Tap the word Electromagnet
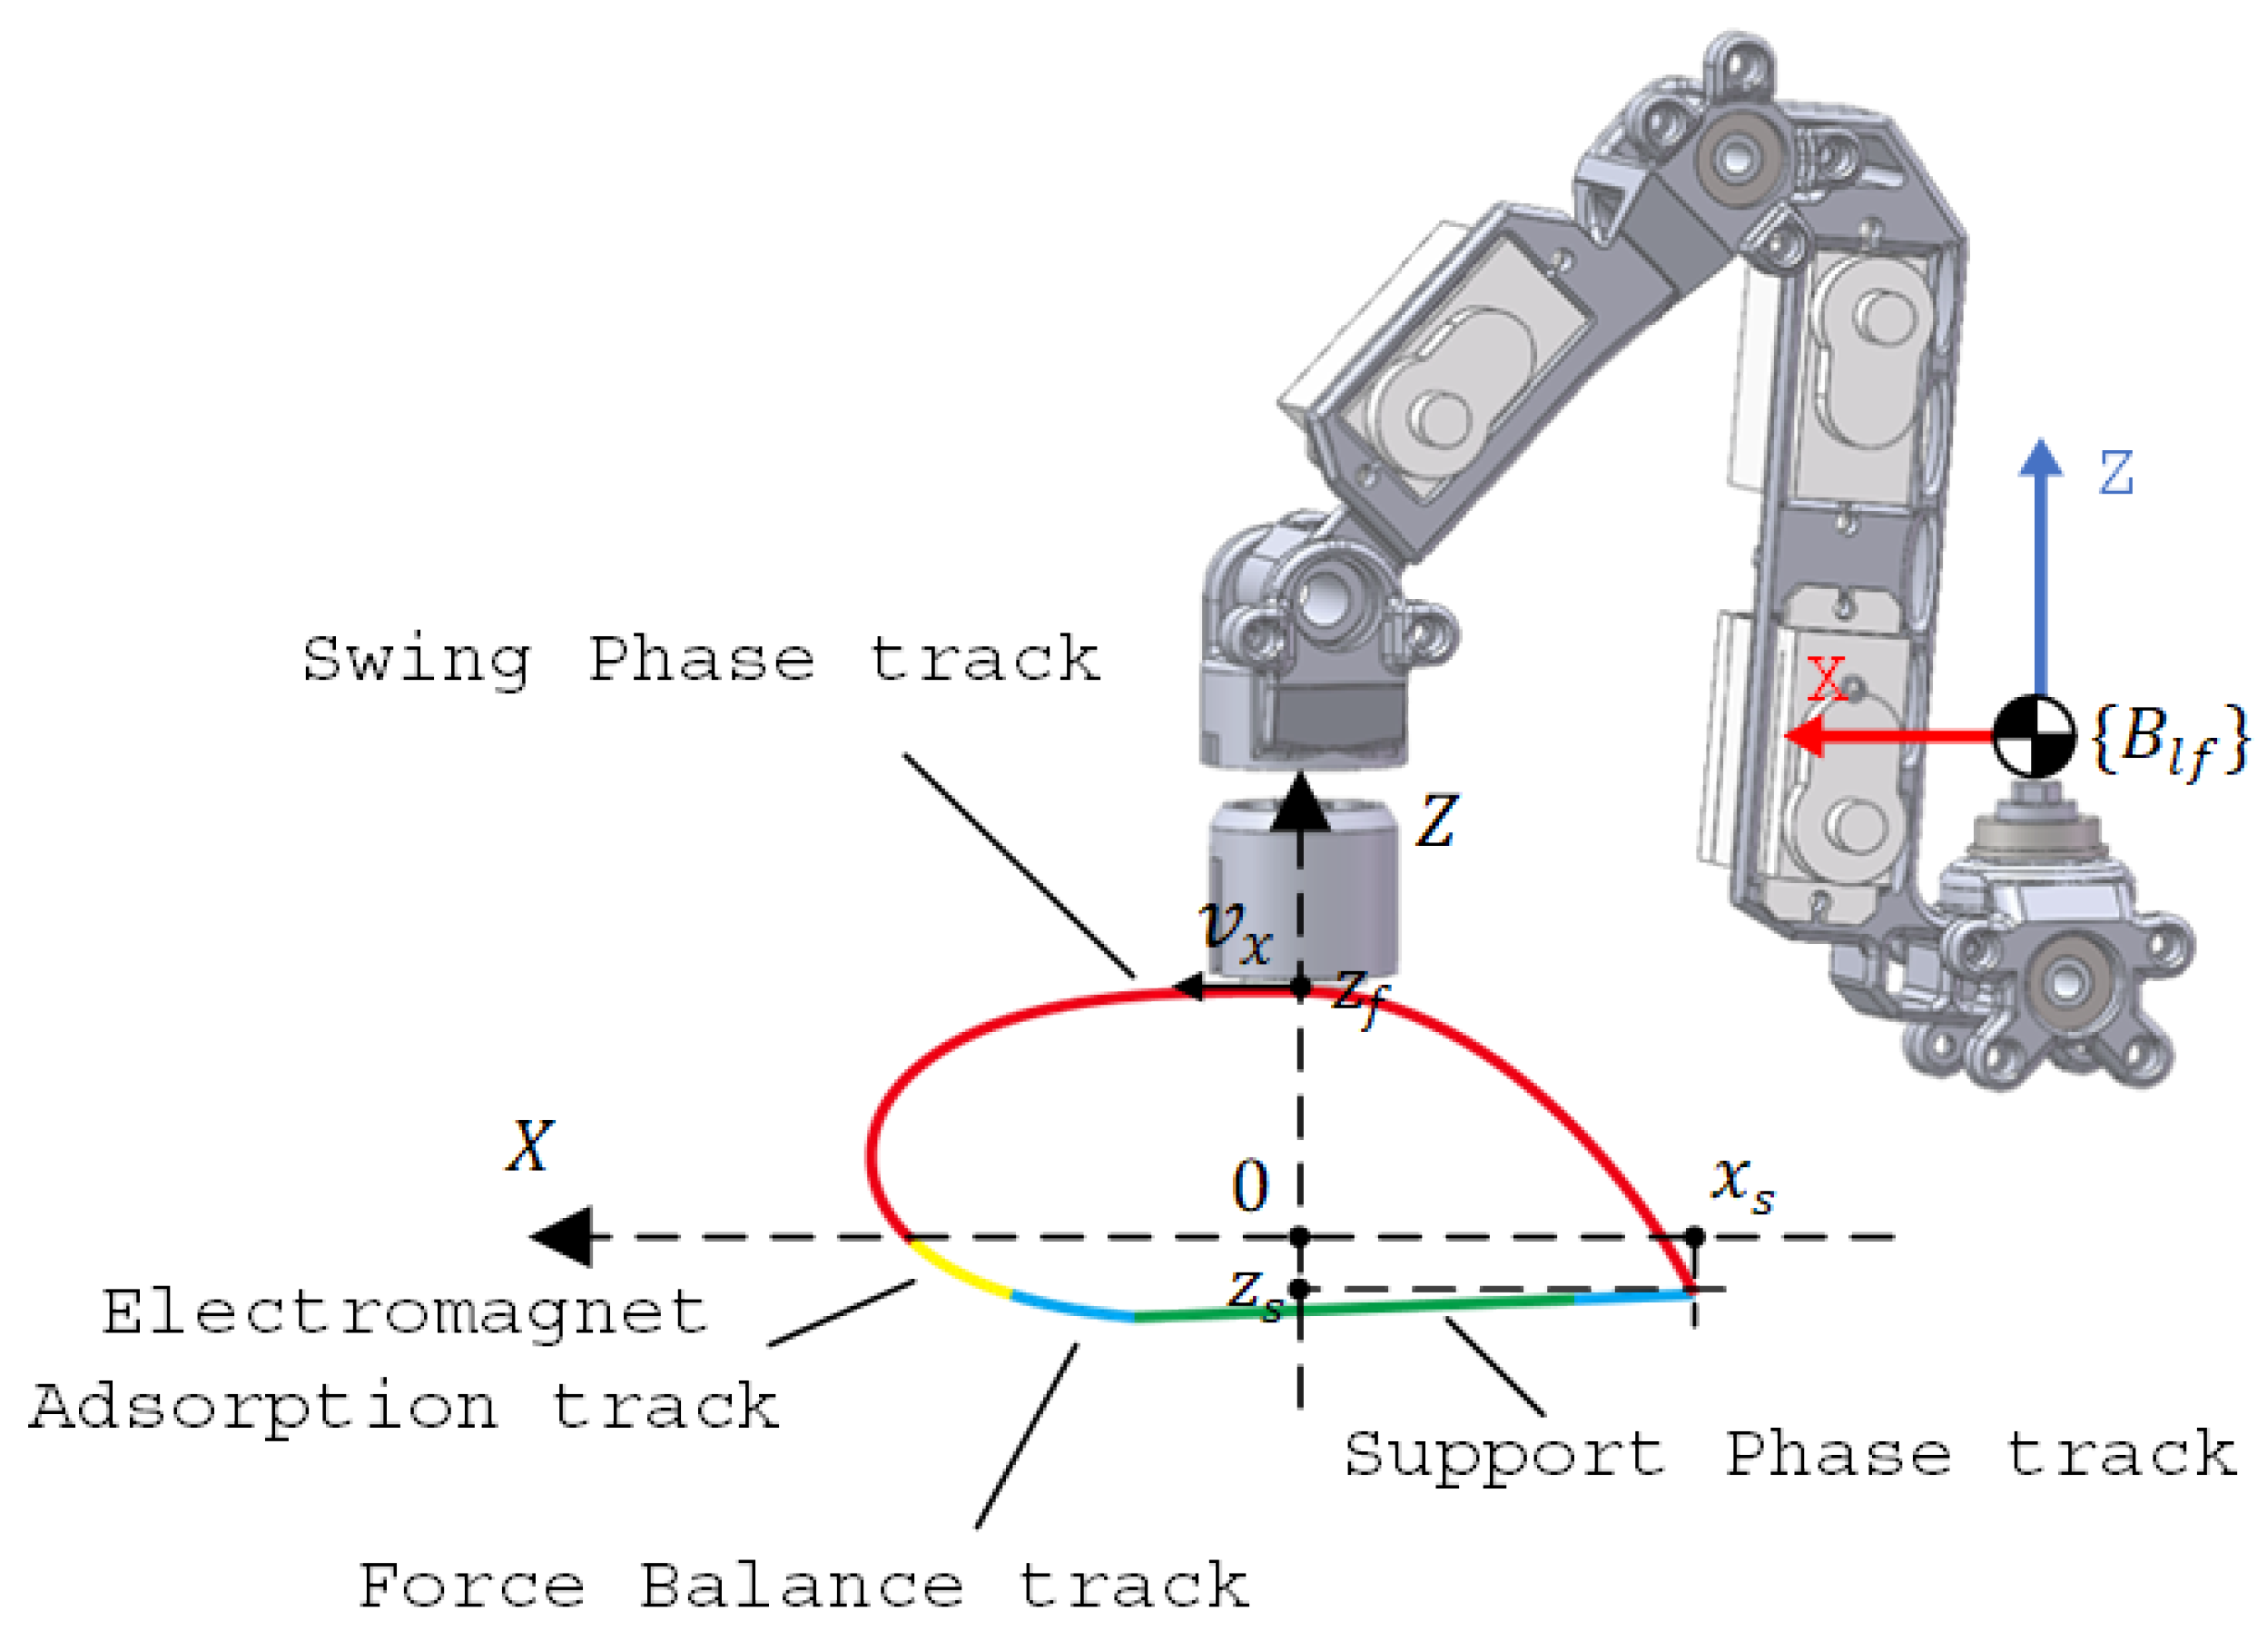[405, 1312]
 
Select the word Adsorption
[261, 1410]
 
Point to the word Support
[1504, 1456]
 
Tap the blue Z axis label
[2116, 474]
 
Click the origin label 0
[1249, 1186]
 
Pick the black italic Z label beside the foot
[1436, 821]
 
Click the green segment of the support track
[1399, 1307]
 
